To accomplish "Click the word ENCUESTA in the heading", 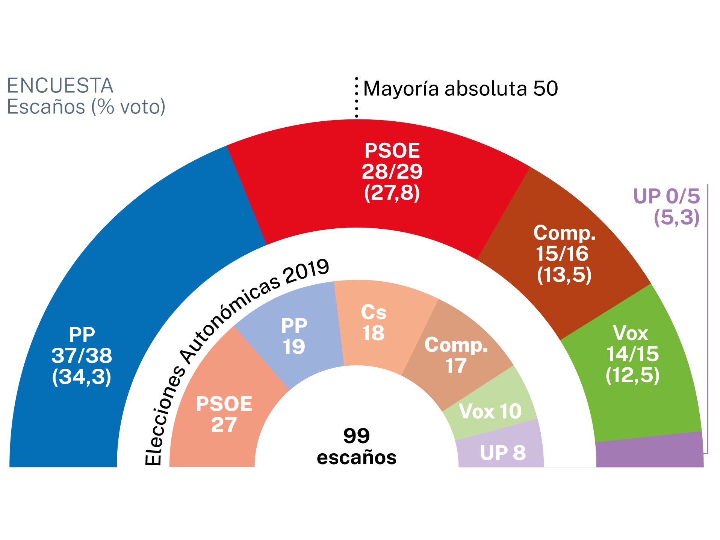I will (x=60, y=86).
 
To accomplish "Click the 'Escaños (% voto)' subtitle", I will (x=86, y=107).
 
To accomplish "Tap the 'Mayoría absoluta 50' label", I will (x=460, y=89).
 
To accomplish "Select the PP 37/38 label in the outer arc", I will (x=82, y=355).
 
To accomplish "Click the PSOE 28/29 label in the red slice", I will (x=392, y=171).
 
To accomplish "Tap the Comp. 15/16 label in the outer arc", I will (x=564, y=254).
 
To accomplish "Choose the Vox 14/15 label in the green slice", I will (x=632, y=354).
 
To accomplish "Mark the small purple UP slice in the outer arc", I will (x=650, y=453).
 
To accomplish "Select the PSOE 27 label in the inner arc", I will (x=224, y=414).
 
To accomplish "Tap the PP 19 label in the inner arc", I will (x=294, y=336).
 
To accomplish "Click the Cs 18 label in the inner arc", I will (x=374, y=322).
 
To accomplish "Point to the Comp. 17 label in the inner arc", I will (x=456, y=355).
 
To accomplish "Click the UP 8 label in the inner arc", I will (x=502, y=453).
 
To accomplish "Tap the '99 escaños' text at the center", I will (x=356, y=446).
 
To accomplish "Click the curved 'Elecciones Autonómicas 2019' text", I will (x=225, y=330).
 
